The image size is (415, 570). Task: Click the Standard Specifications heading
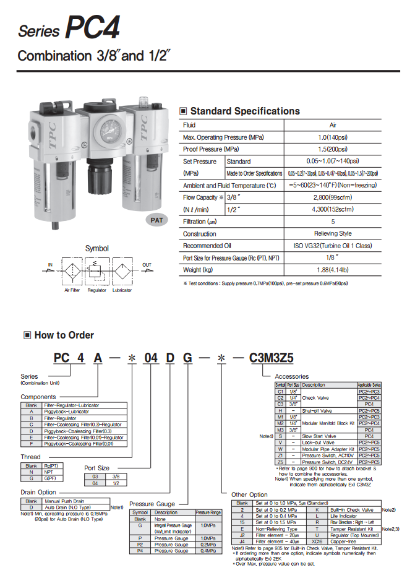tap(244, 111)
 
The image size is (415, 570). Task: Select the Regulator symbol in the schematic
tap(96, 270)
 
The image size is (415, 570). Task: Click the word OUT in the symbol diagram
tap(147, 264)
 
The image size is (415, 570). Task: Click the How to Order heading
tap(64, 335)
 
